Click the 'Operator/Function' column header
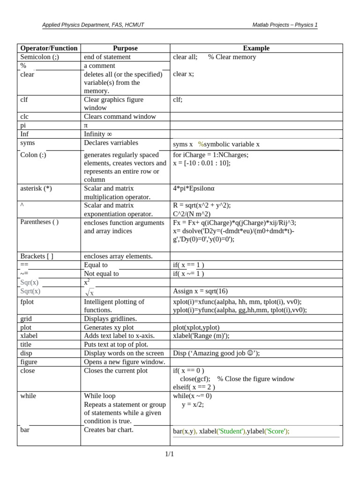[49, 48]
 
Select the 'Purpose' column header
[125, 48]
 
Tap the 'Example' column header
[256, 48]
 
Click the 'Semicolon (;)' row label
[40, 57]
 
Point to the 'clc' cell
[25, 116]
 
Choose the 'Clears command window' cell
[120, 116]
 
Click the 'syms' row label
[28, 142]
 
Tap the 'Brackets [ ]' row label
[37, 256]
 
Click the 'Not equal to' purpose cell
[101, 273]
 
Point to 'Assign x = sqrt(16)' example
[200, 291]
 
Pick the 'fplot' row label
[28, 301]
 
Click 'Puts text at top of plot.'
[116, 344]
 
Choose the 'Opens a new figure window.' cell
[124, 362]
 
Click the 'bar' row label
[25, 429]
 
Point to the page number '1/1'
[169, 454]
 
